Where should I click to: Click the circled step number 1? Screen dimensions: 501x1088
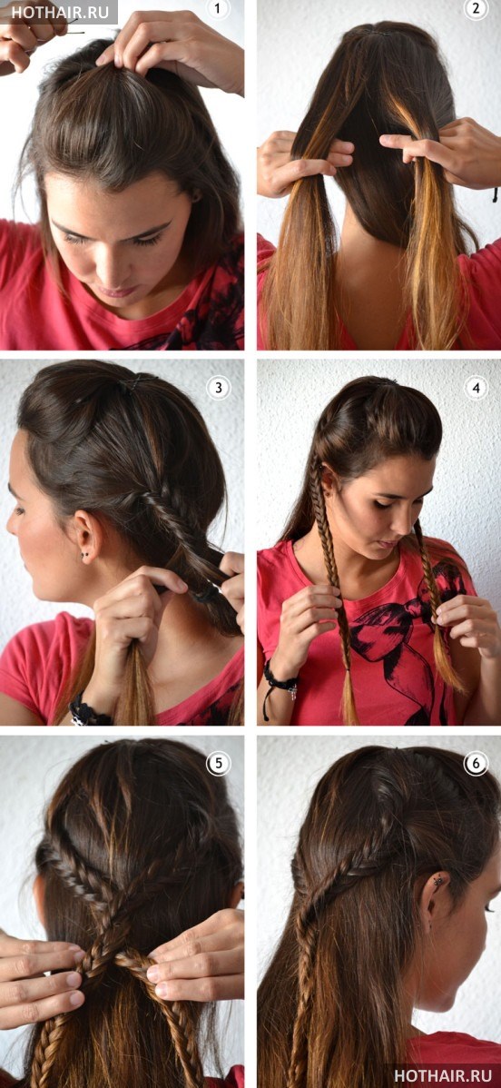(218, 9)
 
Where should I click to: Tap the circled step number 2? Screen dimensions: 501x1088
(476, 9)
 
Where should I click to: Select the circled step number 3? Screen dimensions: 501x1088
(218, 387)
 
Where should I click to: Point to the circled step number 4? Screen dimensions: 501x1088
(476, 387)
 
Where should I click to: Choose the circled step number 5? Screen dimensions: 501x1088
(218, 764)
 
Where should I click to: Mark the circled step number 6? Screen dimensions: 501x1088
(476, 764)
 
